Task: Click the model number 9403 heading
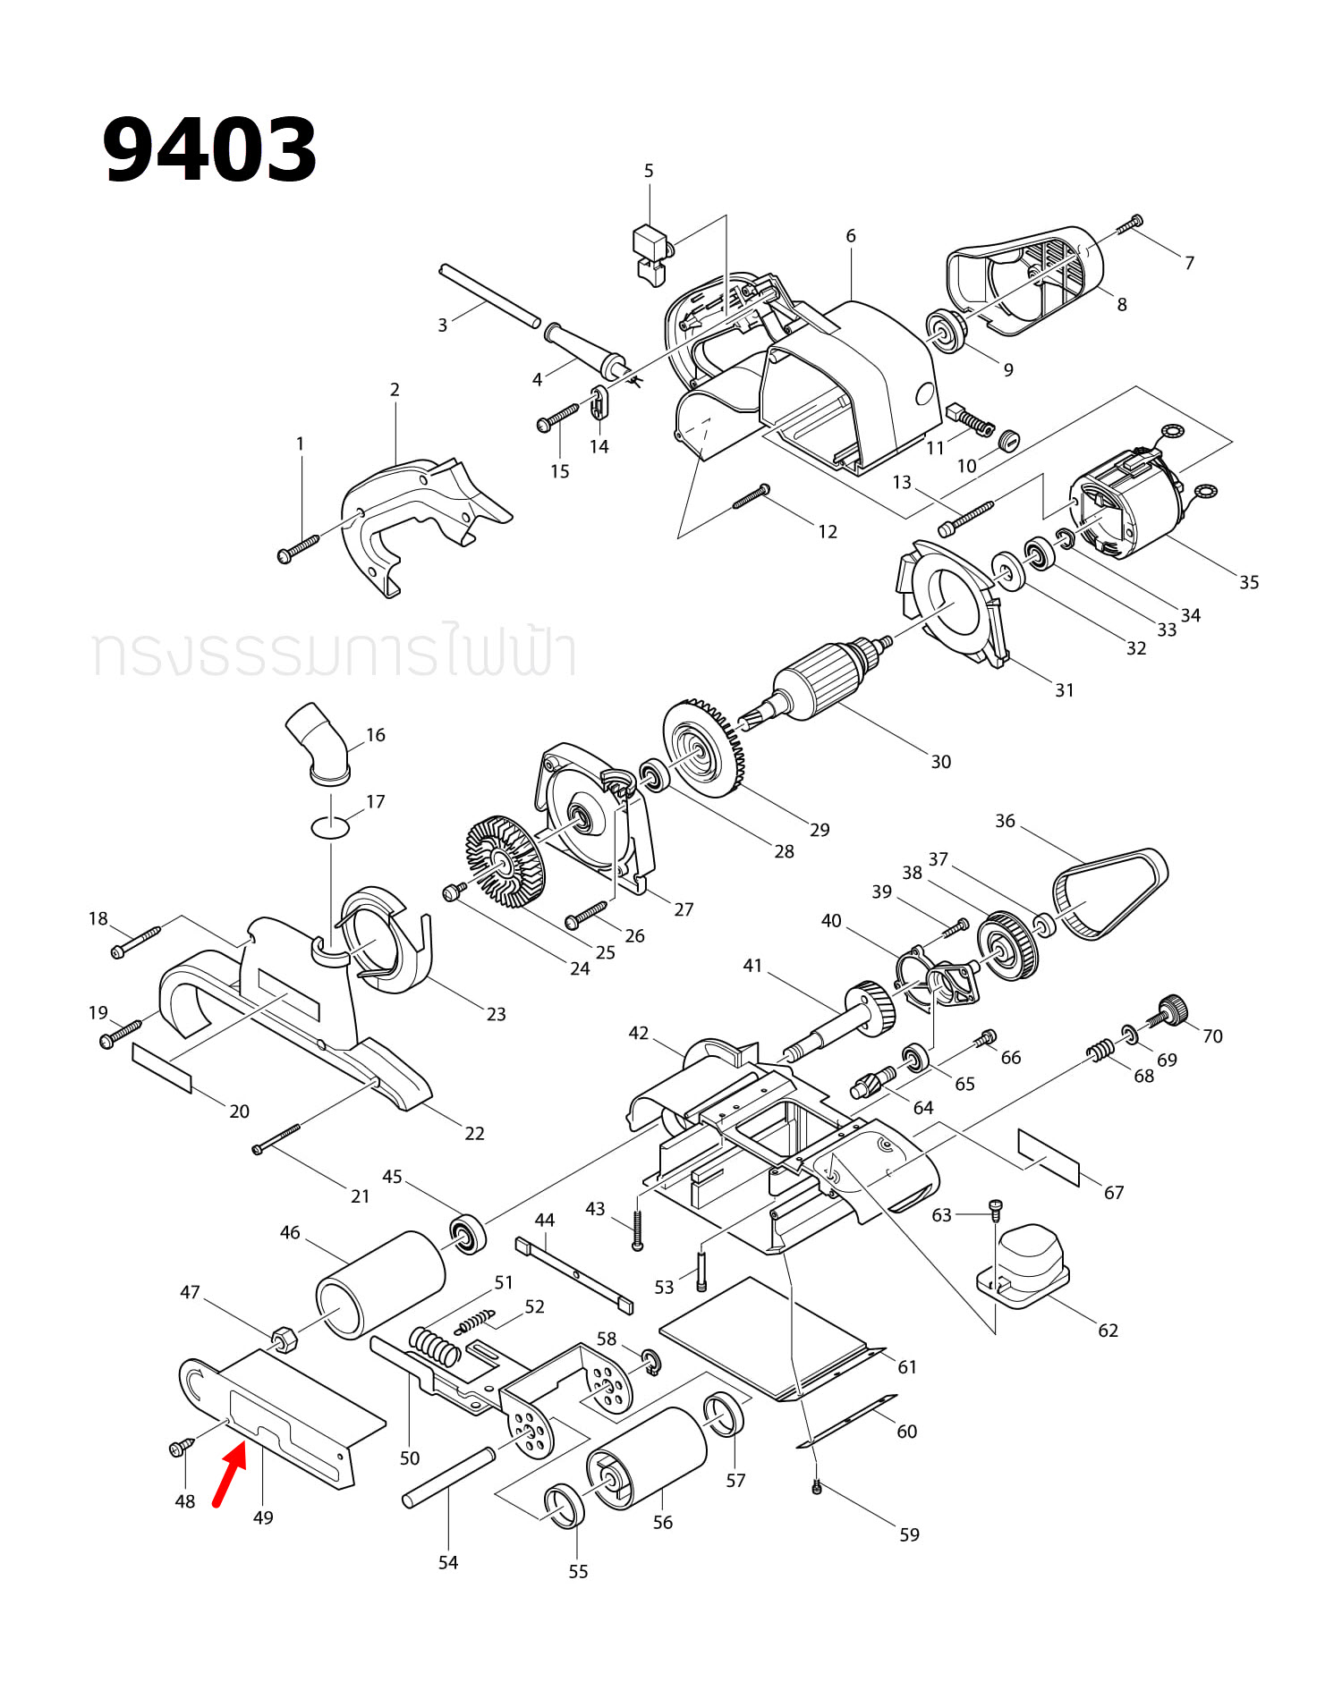pyautogui.click(x=209, y=149)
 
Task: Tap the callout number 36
pyautogui.click(x=1005, y=821)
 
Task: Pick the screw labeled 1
pyautogui.click(x=298, y=548)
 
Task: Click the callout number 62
pyautogui.click(x=1108, y=1331)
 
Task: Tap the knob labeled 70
pyautogui.click(x=1170, y=1010)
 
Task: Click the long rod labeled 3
pyautogui.click(x=489, y=295)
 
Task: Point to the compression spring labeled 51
pyautogui.click(x=435, y=1345)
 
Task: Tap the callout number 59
pyautogui.click(x=909, y=1534)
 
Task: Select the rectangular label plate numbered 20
pyautogui.click(x=162, y=1067)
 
